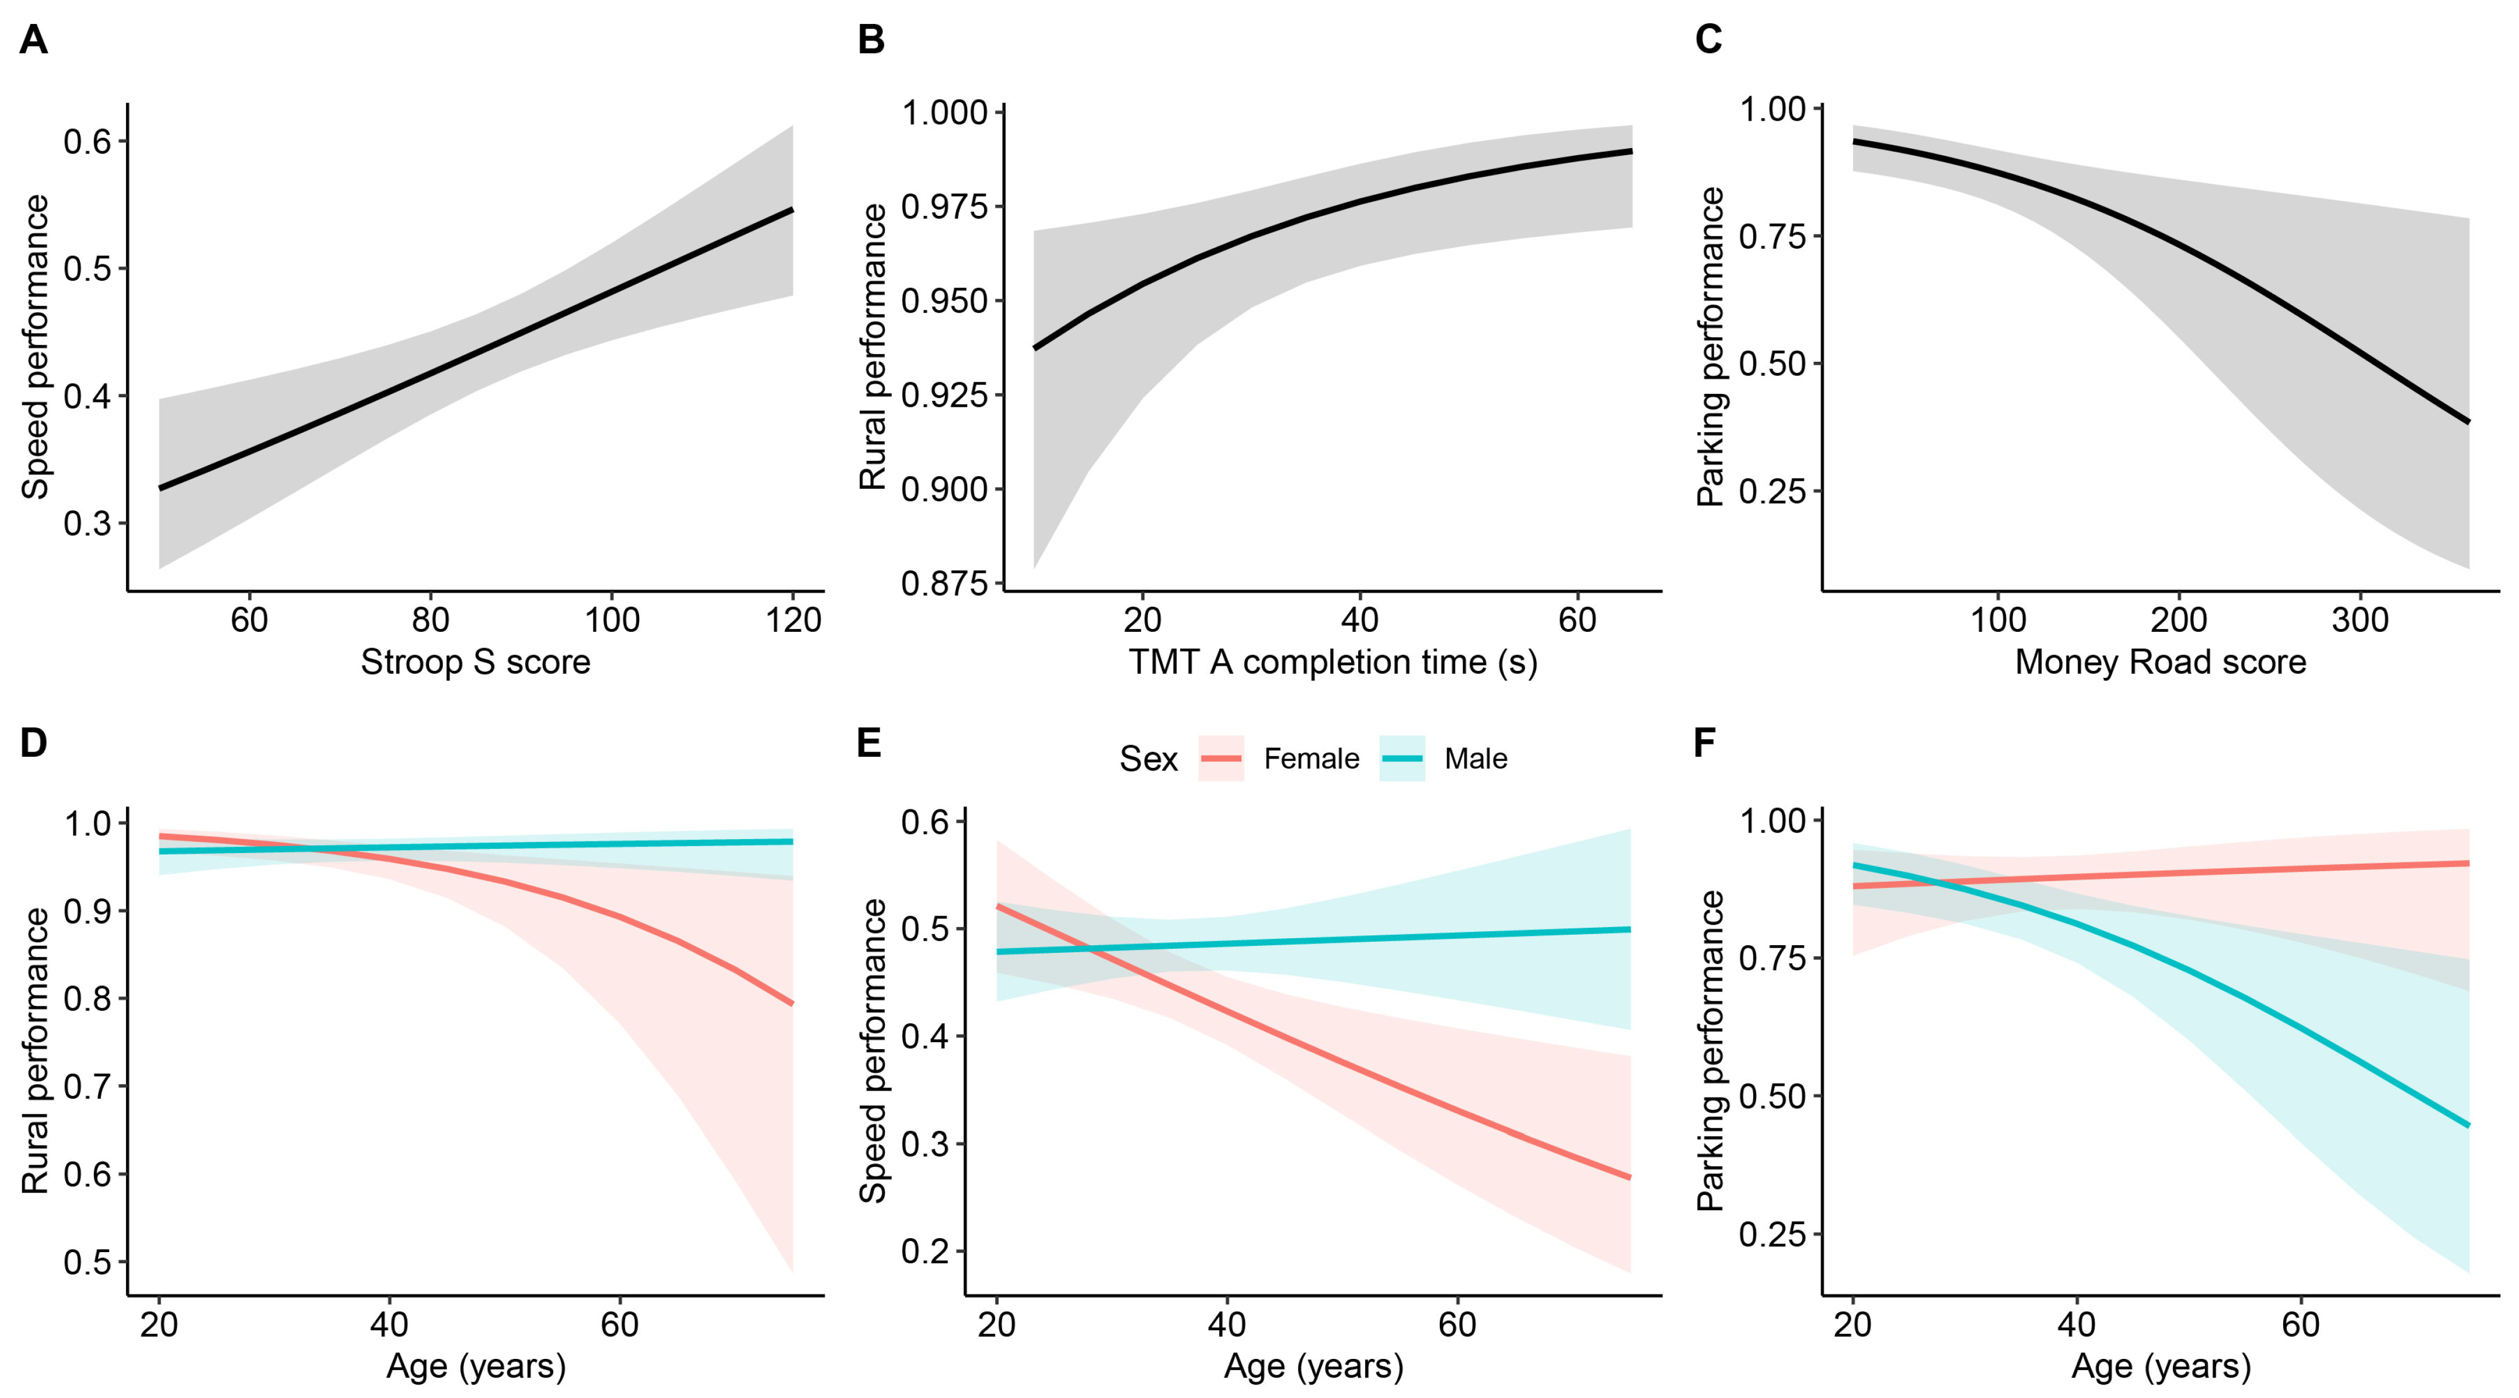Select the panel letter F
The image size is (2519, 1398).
[x=1704, y=743]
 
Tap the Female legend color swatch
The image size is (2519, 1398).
[x=1220, y=759]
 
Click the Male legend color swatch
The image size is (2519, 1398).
[x=1401, y=759]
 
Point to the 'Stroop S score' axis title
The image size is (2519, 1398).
[x=475, y=662]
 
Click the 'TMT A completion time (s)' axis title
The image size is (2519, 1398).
[x=1333, y=662]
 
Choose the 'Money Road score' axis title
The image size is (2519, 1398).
[x=2160, y=662]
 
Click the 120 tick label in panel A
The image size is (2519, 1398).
[x=792, y=620]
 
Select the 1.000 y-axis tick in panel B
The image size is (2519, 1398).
[x=944, y=113]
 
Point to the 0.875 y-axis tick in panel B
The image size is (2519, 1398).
[x=944, y=583]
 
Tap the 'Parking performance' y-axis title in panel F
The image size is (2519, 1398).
[x=1710, y=1051]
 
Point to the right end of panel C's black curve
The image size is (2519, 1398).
[x=2468, y=421]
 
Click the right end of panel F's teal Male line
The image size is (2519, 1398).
[x=2468, y=1126]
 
